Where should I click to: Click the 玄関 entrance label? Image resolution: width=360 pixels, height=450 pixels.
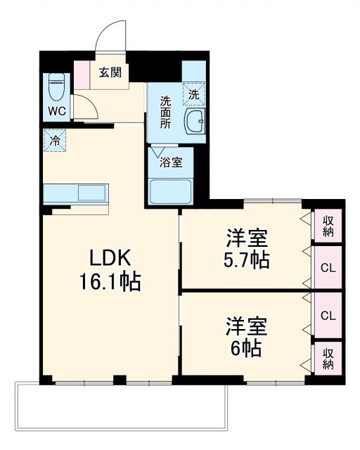[x=109, y=71]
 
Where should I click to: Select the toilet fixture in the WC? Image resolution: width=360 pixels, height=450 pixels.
[x=56, y=88]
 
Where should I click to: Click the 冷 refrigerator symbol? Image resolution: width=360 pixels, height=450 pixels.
[x=54, y=139]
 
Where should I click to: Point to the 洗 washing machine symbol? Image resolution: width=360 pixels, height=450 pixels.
[x=193, y=92]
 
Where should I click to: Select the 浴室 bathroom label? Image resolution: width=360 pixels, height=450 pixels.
[x=172, y=162]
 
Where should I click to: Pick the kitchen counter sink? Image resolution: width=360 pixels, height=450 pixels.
[x=91, y=192]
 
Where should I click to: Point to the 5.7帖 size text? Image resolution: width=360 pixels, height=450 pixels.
[x=245, y=259]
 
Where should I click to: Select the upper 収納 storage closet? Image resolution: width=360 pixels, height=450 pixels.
[x=328, y=225]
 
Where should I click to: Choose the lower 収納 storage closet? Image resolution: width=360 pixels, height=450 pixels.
[x=328, y=358]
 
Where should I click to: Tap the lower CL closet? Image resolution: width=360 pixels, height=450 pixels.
[x=328, y=315]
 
